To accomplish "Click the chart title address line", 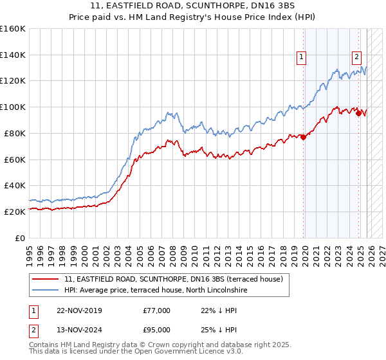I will click(x=193, y=6).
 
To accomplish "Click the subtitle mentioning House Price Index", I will click(x=193, y=17).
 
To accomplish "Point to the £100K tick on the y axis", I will click(x=13, y=107).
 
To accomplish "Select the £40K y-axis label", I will click(x=14, y=185).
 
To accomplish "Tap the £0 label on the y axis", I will click(x=19, y=238).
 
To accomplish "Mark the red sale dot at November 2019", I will click(x=303, y=137).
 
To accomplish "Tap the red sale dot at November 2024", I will click(x=358, y=114).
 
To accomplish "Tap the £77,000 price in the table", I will click(x=157, y=310).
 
